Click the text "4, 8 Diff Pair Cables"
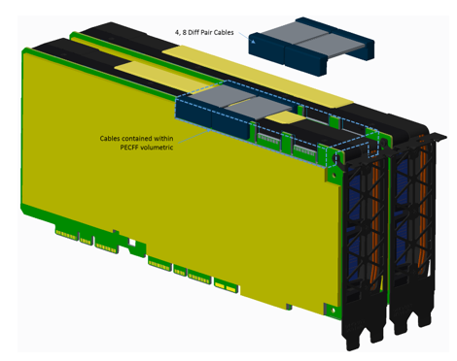click(204, 32)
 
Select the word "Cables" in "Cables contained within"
click(110, 139)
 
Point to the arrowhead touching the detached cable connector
click(253, 41)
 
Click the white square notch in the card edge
click(132, 243)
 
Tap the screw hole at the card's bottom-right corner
click(333, 311)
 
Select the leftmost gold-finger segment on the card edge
click(66, 234)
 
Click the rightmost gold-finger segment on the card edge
click(226, 285)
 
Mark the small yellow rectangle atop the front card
click(285, 117)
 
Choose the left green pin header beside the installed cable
click(268, 139)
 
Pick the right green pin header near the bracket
click(304, 150)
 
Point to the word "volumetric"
click(158, 148)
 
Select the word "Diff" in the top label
click(193, 32)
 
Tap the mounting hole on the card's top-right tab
click(336, 158)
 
